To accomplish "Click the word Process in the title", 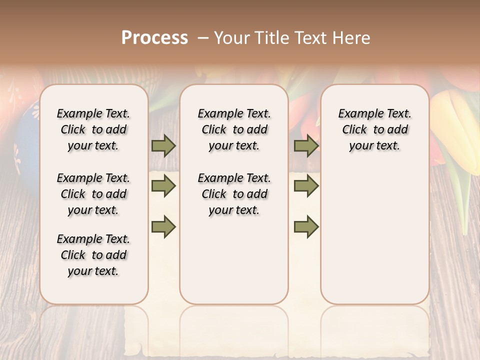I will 154,37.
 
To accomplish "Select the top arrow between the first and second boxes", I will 163,146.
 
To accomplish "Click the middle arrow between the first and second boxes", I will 163,186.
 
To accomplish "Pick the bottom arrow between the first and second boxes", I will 163,226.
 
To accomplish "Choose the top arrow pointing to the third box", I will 306,146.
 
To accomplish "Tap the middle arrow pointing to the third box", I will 306,186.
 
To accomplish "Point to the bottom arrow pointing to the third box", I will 306,226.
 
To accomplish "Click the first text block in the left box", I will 93,129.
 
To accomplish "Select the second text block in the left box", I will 93,194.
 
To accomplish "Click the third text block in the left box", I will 93,255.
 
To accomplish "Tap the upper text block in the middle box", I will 234,129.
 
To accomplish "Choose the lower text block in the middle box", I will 234,194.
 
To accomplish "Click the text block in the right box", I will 374,129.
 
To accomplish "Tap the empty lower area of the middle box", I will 234,260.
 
